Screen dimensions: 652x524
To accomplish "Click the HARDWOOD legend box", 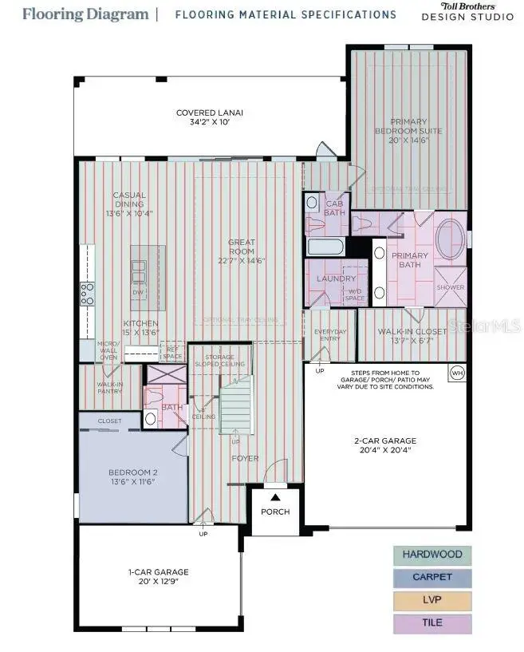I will (x=432, y=555).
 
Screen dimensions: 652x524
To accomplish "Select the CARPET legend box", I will (x=432, y=577).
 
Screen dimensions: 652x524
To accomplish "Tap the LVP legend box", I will (x=432, y=600).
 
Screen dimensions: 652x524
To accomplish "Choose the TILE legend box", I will (x=432, y=623).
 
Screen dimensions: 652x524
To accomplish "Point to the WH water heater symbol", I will (x=457, y=373).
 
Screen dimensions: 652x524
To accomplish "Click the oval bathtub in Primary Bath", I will (x=451, y=237).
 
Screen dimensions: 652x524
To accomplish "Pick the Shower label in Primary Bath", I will (x=450, y=288).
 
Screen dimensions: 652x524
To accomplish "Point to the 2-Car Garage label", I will (x=385, y=445).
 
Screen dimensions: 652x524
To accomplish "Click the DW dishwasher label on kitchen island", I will (x=139, y=294).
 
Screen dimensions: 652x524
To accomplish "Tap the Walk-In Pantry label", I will (x=110, y=388).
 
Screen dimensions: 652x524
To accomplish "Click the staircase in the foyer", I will (x=236, y=408).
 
